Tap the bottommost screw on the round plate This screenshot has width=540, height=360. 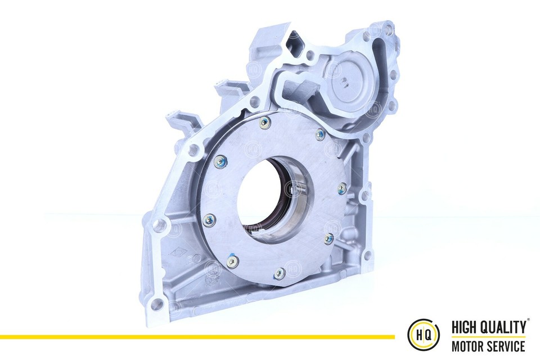tap(279, 274)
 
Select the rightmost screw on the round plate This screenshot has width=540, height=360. tap(343, 187)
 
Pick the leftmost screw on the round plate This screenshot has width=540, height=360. tap(209, 220)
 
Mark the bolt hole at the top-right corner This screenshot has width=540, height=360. tap(388, 28)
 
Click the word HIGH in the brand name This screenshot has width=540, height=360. tap(466, 327)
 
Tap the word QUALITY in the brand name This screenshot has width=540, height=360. tap(503, 327)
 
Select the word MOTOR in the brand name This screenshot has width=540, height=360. tap(469, 345)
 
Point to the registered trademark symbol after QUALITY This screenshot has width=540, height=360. tap(528, 322)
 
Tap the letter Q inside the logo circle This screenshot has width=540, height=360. tap(429, 336)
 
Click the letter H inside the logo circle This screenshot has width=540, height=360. tap(419, 336)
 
